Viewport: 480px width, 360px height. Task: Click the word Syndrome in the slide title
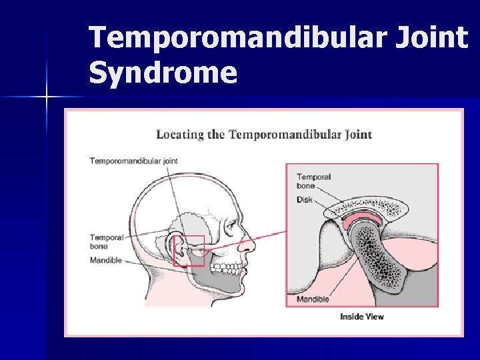(163, 73)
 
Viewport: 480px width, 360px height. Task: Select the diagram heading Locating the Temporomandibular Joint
(264, 134)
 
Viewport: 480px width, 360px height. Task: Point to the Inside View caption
(362, 316)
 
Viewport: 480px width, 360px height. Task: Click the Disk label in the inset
(305, 199)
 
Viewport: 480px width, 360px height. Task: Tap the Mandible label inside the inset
(313, 299)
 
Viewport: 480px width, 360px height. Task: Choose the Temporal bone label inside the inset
(314, 181)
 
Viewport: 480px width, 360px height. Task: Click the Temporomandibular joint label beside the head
(133, 161)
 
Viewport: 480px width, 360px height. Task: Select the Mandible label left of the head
(106, 260)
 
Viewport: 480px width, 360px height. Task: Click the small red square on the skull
(189, 251)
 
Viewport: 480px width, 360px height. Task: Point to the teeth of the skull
(225, 268)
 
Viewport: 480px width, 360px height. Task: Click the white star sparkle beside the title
(47, 97)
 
